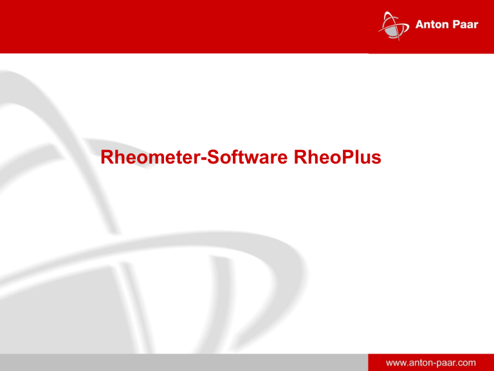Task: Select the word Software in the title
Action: (x=247, y=157)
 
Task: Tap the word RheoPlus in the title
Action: (x=338, y=157)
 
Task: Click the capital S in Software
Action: (x=213, y=157)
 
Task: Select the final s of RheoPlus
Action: (x=376, y=159)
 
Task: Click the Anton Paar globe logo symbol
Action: (x=394, y=26)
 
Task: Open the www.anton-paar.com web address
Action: (x=431, y=363)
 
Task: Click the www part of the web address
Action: (x=394, y=364)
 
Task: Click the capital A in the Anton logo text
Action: (x=420, y=24)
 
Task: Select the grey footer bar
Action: (x=184, y=362)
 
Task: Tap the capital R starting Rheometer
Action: (x=107, y=157)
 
